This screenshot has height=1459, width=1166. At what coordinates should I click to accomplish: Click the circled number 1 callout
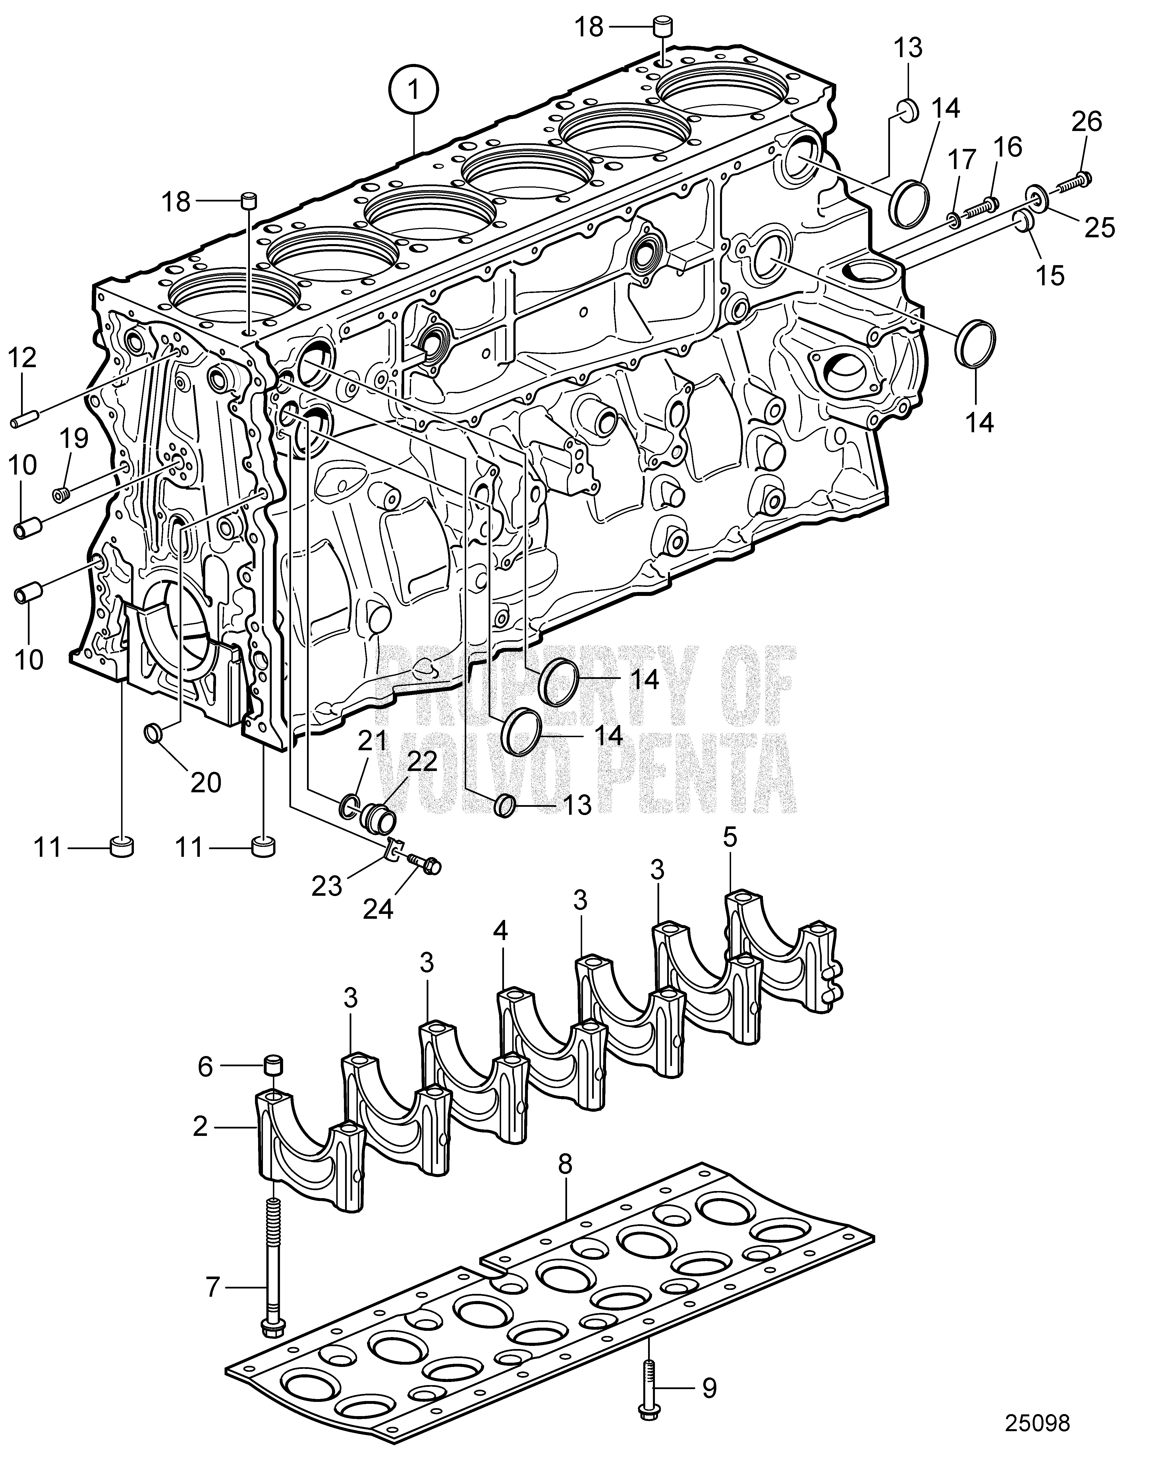414,89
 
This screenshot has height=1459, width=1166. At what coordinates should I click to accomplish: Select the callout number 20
205,782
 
